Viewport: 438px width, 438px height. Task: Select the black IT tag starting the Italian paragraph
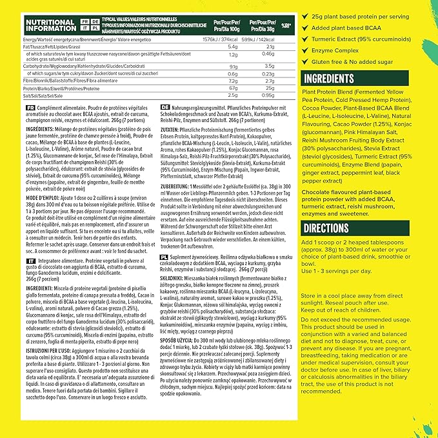coord(30,258)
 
